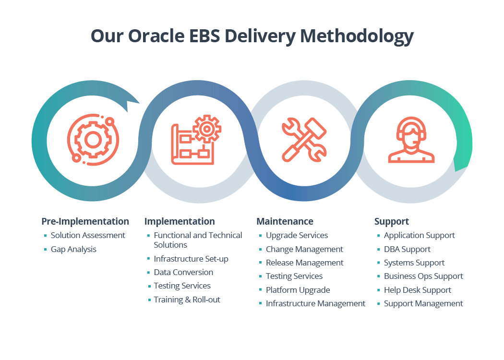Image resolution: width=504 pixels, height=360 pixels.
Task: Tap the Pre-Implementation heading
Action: point(85,221)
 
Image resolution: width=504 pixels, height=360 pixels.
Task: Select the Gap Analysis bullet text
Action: point(73,249)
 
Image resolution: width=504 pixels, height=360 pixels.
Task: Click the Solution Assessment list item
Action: point(88,235)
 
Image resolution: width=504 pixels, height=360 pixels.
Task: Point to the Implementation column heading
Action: point(180,221)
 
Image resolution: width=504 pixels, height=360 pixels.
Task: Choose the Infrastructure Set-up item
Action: point(191,259)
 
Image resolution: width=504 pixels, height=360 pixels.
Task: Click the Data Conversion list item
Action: point(183,272)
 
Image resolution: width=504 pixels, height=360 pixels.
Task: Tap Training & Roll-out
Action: point(187,300)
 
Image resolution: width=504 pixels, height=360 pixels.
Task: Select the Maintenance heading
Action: point(285,221)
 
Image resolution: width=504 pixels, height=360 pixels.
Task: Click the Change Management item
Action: point(304,249)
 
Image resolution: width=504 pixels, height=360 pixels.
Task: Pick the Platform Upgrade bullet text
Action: point(298,290)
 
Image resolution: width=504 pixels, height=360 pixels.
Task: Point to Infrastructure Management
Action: point(315,303)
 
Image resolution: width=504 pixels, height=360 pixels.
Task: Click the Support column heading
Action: point(392,221)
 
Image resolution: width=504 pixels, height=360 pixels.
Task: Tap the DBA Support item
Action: point(407,249)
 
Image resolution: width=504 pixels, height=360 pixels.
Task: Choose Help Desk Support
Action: point(417,290)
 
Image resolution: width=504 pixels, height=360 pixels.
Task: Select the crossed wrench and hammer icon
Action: point(304,140)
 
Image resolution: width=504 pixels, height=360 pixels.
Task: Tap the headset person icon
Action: point(411,140)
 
